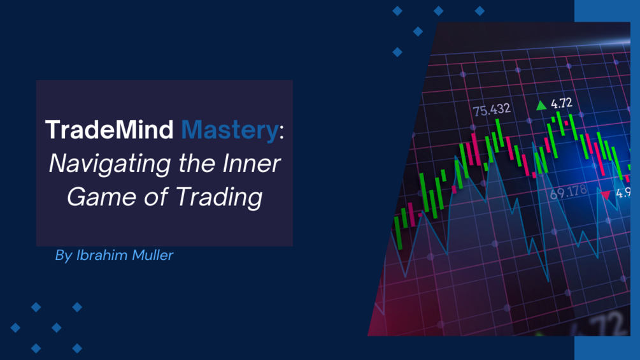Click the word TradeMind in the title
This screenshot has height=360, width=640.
click(109, 131)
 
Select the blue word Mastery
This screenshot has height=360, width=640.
click(230, 131)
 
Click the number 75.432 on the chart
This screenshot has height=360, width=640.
click(492, 110)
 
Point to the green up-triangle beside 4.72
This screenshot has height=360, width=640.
click(541, 105)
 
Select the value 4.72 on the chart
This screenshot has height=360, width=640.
click(562, 103)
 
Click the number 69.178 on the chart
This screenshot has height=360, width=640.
click(568, 191)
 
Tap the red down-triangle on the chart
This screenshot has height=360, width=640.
click(606, 194)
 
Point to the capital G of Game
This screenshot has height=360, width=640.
click(76, 197)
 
